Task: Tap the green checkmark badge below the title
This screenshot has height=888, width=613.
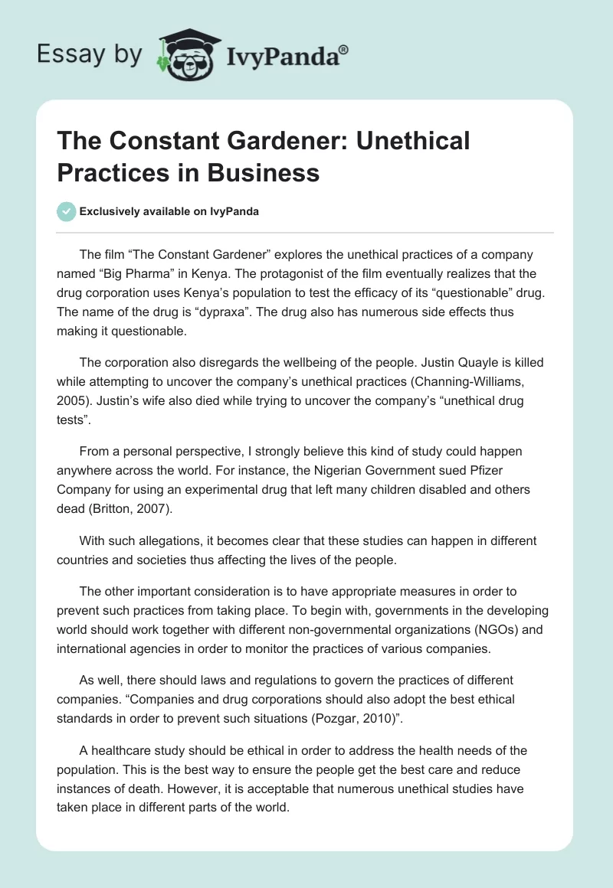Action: (67, 211)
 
